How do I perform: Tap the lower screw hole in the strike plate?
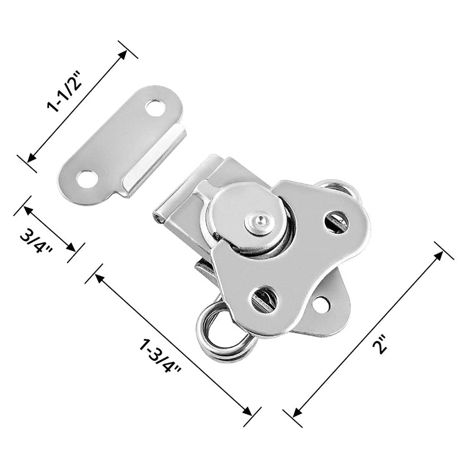tap(86, 178)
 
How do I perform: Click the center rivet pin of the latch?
tap(254, 222)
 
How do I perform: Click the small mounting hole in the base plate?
tap(320, 304)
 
